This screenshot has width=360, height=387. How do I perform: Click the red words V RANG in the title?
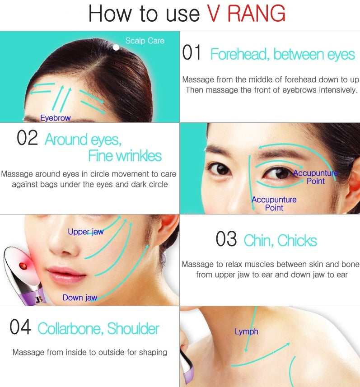pos(246,14)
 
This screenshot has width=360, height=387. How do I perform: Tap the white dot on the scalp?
pos(116,47)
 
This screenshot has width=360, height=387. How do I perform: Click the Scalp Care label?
pos(145,41)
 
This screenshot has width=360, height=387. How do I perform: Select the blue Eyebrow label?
pos(56,118)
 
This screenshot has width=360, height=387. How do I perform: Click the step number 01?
pos(192,52)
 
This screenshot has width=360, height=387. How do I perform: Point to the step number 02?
pos(27,138)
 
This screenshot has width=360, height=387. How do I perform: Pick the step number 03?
pos(226,239)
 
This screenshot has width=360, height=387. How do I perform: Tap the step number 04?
pos(20,327)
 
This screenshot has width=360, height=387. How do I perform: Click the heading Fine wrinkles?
pos(125,156)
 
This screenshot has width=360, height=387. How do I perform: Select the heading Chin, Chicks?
pos(280,240)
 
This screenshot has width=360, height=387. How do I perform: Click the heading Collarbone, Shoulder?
pos(98,329)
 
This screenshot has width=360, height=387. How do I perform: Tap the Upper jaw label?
pos(86,232)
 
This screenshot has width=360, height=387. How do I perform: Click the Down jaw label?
pos(80,298)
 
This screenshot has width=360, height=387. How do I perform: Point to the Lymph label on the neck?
pos(247,331)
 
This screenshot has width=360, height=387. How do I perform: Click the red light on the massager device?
pos(23,266)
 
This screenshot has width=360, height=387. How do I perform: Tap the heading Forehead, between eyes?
pos(283,54)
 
